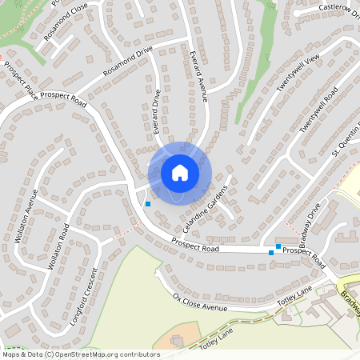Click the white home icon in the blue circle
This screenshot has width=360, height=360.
click(180, 172)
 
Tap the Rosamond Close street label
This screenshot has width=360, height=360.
click(66, 25)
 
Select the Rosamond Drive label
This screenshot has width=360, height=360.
click(127, 63)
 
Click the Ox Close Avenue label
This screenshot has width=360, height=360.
click(200, 303)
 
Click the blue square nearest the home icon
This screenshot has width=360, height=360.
click(147, 204)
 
